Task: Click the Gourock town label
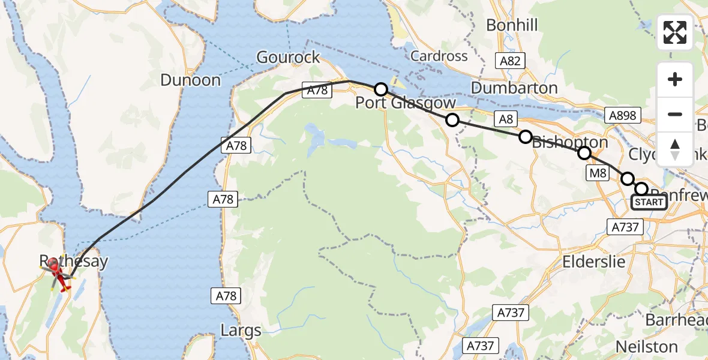pyautogui.click(x=287, y=57)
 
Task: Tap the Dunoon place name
pyautogui.click(x=190, y=80)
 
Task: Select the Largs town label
pyautogui.click(x=241, y=331)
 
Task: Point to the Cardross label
pyautogui.click(x=439, y=56)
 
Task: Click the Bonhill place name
pyautogui.click(x=512, y=25)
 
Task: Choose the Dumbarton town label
pyautogui.click(x=514, y=88)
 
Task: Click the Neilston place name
pyautogui.click(x=646, y=347)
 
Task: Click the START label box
pyautogui.click(x=649, y=202)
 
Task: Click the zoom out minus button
pyautogui.click(x=675, y=114)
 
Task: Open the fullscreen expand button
pyautogui.click(x=675, y=32)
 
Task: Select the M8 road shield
pyautogui.click(x=598, y=173)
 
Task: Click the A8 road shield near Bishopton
pyautogui.click(x=506, y=119)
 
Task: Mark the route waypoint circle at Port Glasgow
pyautogui.click(x=380, y=90)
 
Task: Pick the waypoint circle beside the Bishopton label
pyautogui.click(x=525, y=137)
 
